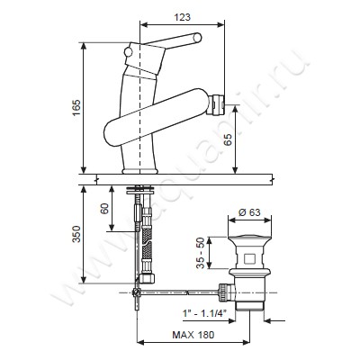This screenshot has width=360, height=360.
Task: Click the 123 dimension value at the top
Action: (183, 17)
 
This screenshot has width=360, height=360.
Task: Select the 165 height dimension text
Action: (76, 107)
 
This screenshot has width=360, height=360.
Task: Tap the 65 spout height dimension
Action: (229, 139)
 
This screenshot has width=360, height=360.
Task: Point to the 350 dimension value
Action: (76, 234)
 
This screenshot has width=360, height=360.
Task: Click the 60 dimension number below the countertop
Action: (104, 209)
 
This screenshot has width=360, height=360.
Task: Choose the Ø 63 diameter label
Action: (249, 212)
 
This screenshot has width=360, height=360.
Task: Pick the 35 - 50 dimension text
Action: (201, 253)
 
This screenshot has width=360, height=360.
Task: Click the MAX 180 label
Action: (193, 335)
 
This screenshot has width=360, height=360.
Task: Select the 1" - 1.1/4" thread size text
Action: (204, 313)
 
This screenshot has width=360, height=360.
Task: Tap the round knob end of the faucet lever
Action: (197, 38)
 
